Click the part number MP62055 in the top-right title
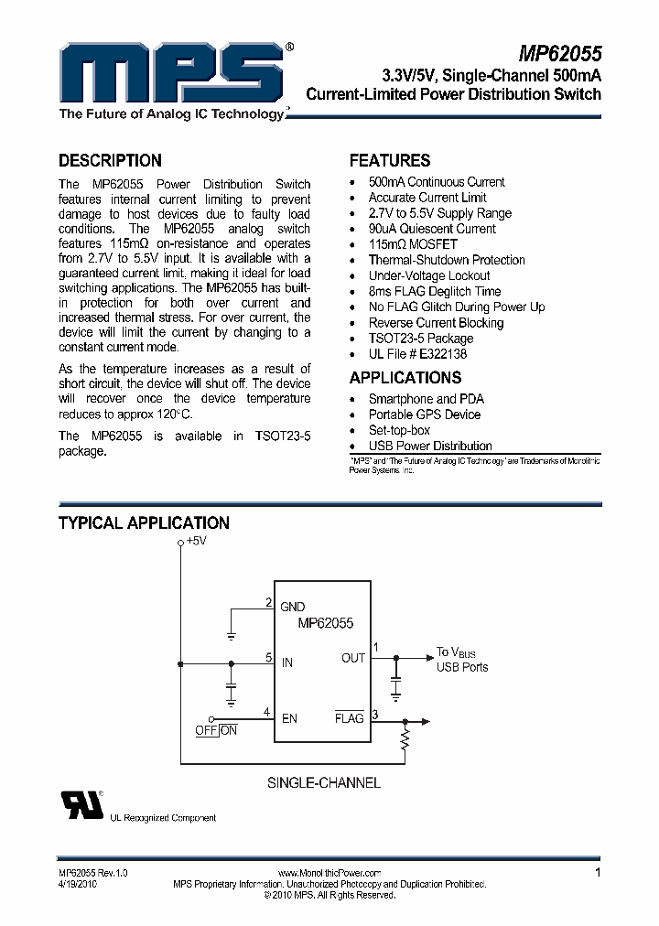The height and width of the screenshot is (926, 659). point(559,54)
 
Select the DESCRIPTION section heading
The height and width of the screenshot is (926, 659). point(110,160)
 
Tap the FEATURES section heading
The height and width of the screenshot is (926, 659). point(390,160)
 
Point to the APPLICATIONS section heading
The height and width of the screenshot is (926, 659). point(405,378)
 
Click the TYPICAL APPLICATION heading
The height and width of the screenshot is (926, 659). point(144,523)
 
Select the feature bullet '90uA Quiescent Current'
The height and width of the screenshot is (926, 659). point(432,229)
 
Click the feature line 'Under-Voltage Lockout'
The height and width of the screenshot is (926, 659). point(429,275)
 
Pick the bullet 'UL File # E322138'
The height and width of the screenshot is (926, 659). point(417,353)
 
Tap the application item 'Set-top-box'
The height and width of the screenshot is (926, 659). point(399,430)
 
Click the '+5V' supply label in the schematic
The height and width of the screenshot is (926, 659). point(196,541)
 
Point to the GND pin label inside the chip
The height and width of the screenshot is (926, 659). point(293,607)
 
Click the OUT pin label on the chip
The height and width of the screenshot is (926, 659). point(353,658)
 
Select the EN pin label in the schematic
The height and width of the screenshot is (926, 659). point(289,718)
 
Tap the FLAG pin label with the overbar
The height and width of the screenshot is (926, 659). point(350,718)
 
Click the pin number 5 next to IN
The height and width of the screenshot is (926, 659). point(268,657)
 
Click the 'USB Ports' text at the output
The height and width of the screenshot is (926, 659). point(462,667)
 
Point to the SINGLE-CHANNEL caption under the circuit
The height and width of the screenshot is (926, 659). point(323,782)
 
